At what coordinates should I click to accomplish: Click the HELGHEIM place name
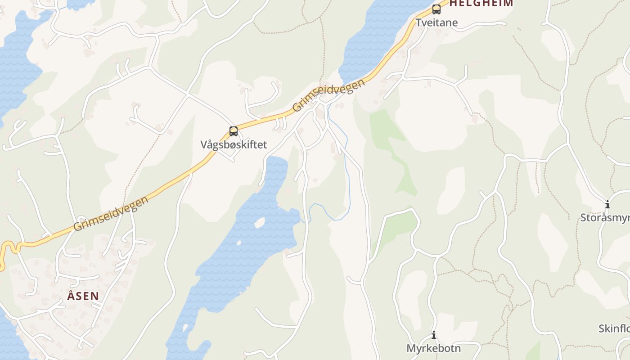tap(481, 3)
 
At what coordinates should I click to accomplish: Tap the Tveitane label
tap(436, 22)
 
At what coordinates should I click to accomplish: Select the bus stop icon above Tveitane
tap(436, 9)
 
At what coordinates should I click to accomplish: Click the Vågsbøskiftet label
tap(234, 144)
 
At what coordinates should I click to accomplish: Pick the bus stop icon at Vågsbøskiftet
tap(234, 131)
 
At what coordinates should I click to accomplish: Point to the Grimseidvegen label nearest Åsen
tap(111, 213)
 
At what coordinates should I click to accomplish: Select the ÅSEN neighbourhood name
tap(83, 296)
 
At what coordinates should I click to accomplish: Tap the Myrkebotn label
tap(433, 348)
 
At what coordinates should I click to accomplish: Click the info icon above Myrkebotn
tap(434, 335)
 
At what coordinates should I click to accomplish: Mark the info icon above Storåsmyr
tap(607, 205)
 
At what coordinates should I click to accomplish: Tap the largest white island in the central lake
tap(259, 222)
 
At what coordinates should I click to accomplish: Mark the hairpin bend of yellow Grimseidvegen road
tap(8, 247)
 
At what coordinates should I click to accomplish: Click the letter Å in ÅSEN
tap(71, 296)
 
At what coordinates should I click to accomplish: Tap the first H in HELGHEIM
tap(453, 3)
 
